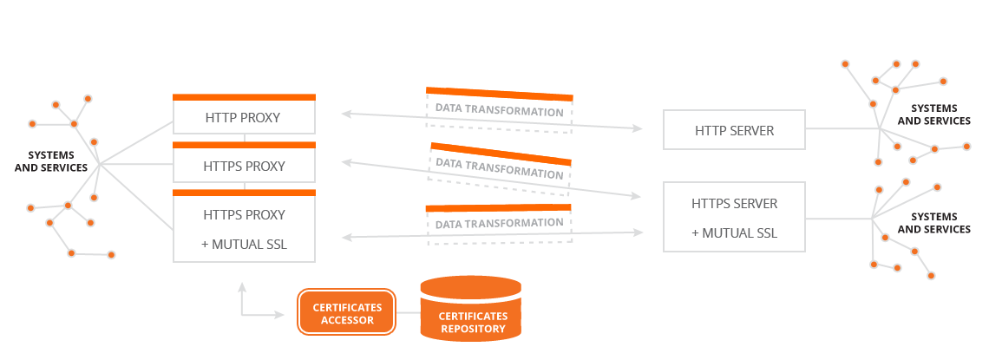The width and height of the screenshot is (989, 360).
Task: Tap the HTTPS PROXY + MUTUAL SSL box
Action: pyautogui.click(x=244, y=226)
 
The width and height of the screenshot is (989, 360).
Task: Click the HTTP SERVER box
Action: pyautogui.click(x=734, y=130)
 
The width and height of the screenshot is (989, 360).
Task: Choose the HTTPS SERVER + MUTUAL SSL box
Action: pyautogui.click(x=734, y=217)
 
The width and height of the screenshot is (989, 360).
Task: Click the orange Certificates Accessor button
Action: pyautogui.click(x=346, y=312)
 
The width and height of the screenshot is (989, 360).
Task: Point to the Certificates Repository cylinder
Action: pyautogui.click(x=470, y=308)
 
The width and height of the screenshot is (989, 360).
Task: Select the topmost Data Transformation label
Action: pyautogui.click(x=499, y=112)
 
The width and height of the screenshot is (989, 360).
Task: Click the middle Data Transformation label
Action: pyautogui.click(x=499, y=167)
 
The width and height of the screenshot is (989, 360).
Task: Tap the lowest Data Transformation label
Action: pyautogui.click(x=499, y=223)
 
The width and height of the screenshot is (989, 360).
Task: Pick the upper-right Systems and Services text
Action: pyautogui.click(x=933, y=115)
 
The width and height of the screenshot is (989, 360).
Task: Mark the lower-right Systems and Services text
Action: pyautogui.click(x=933, y=223)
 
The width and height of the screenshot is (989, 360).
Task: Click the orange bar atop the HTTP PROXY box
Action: pyautogui.click(x=244, y=97)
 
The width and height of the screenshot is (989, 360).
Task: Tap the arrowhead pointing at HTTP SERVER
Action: pyautogui.click(x=637, y=128)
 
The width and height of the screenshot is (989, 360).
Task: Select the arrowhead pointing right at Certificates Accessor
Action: pyautogui.click(x=278, y=314)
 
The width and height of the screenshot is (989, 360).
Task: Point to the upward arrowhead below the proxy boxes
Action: pyautogui.click(x=241, y=288)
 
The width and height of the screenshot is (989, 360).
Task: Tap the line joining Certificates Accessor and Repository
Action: pyautogui.click(x=408, y=312)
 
